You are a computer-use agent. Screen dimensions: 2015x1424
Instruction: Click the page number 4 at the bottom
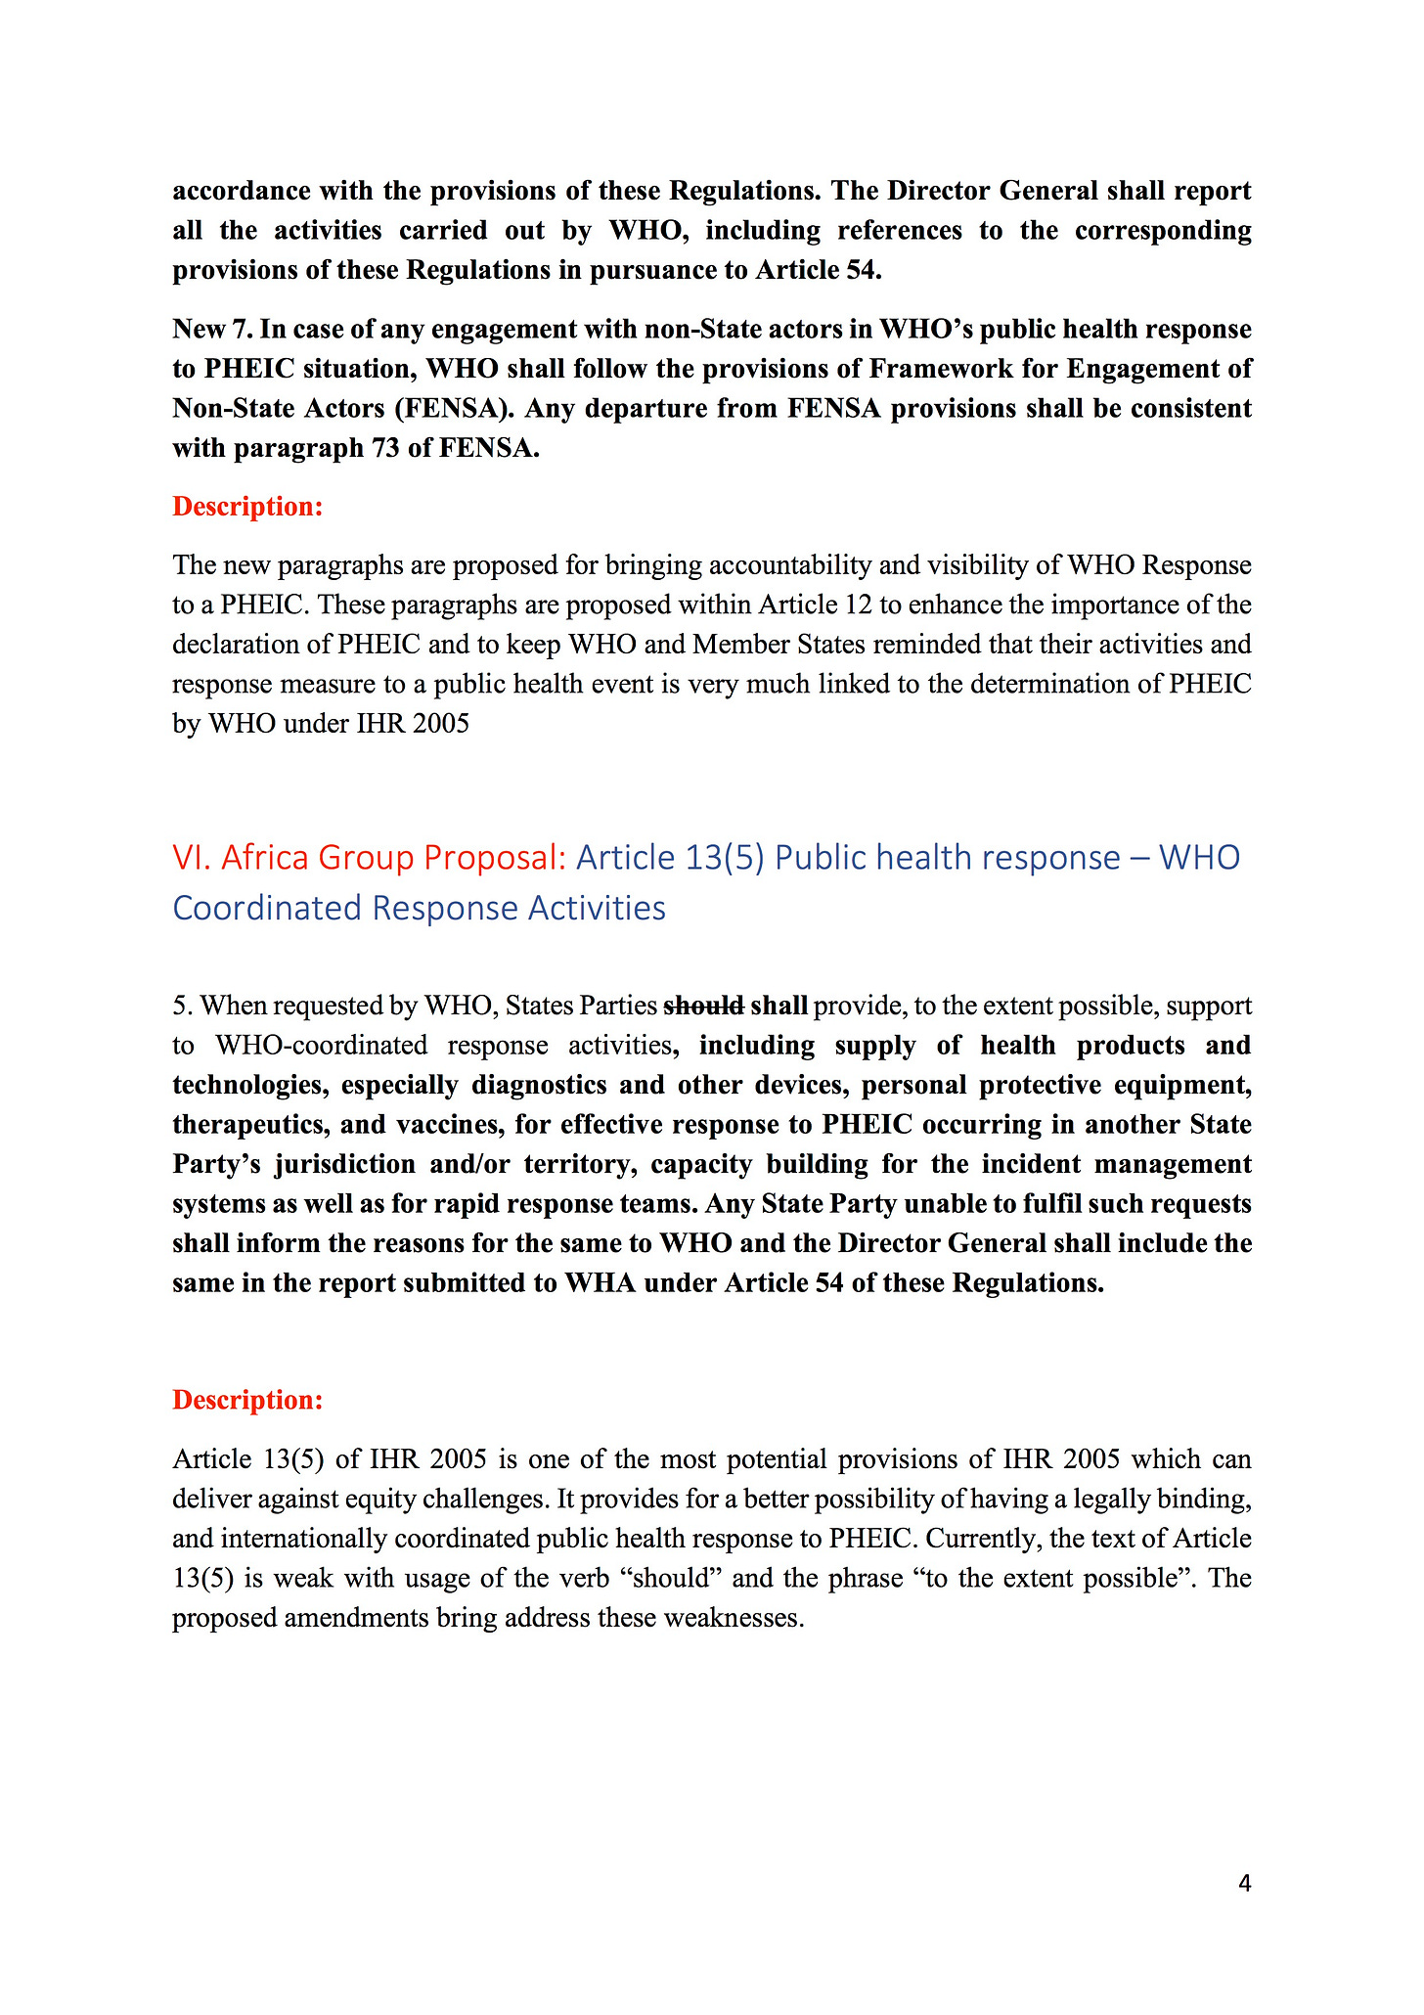1244,1883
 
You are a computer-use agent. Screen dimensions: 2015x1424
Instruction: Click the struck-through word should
704,1006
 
